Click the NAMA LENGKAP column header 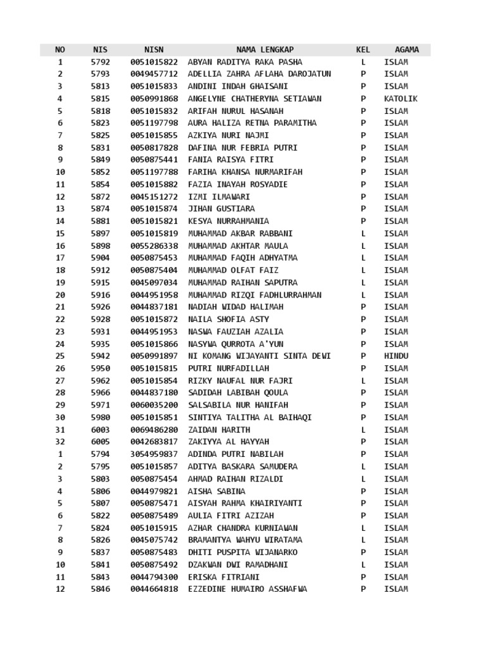pyautogui.click(x=265, y=49)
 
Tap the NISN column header pyautogui.click(x=154, y=49)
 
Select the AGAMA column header pyautogui.click(x=406, y=49)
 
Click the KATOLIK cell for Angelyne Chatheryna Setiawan pyautogui.click(x=401, y=99)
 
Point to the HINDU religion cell pyautogui.click(x=396, y=356)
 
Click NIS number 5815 pyautogui.click(x=100, y=99)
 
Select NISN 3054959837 pyautogui.click(x=154, y=454)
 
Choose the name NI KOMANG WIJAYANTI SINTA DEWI pyautogui.click(x=259, y=356)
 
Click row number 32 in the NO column pyautogui.click(x=60, y=442)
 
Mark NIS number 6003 pyautogui.click(x=100, y=430)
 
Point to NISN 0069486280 pyautogui.click(x=154, y=430)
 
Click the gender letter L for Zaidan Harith pyautogui.click(x=363, y=430)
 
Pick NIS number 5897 pyautogui.click(x=100, y=234)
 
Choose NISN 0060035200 pyautogui.click(x=154, y=405)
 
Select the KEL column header pyautogui.click(x=363, y=49)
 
